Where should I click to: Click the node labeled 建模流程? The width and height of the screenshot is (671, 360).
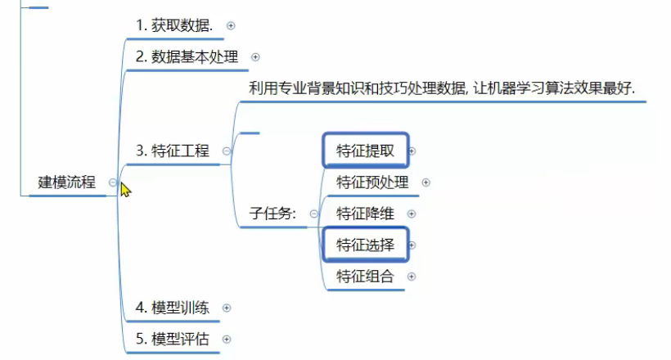tap(67, 182)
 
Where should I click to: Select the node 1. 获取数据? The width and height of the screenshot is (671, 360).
tap(174, 25)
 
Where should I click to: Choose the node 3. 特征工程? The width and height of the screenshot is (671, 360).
tap(173, 151)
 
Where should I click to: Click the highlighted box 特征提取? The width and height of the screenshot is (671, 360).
tap(365, 151)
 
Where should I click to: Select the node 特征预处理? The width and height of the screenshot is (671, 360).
tap(372, 182)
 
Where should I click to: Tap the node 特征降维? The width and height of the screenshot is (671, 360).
tap(365, 214)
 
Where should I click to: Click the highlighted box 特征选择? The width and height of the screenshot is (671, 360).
tap(365, 245)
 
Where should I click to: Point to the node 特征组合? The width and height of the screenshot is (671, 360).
tap(365, 277)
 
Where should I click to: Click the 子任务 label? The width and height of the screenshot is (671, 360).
tap(273, 214)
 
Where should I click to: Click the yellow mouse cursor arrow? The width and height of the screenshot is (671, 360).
tap(125, 189)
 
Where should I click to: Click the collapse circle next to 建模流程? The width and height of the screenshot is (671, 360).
tap(113, 183)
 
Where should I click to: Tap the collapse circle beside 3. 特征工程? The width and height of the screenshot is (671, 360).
tap(226, 151)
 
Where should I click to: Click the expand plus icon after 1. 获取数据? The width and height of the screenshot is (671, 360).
tap(231, 25)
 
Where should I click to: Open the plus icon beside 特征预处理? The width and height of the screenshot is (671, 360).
tap(426, 182)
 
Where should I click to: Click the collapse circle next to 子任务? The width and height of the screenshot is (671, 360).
tap(313, 214)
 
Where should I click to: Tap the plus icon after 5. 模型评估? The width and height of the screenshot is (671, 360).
tap(227, 340)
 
